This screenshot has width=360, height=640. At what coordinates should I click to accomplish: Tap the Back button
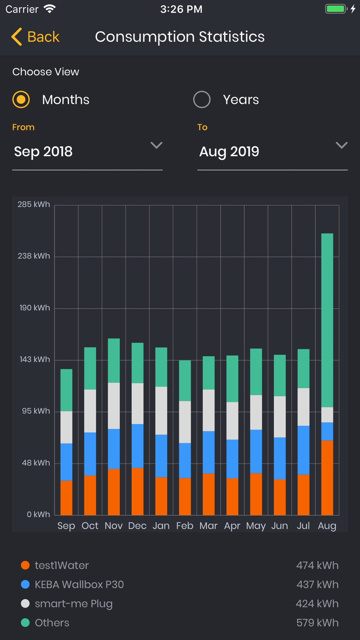point(35,37)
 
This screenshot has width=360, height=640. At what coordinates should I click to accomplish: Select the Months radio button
point(21,99)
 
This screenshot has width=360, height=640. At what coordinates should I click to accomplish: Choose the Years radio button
point(202,99)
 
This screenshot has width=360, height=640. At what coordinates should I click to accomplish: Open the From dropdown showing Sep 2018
point(87,152)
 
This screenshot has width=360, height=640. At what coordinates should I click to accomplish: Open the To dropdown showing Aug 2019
point(272,152)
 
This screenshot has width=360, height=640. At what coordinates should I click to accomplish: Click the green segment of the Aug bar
point(327,320)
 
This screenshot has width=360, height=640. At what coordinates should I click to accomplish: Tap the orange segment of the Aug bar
point(327,477)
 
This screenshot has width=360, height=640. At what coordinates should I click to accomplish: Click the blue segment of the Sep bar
point(66,462)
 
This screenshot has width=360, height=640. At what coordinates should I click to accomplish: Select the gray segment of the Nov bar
point(114,406)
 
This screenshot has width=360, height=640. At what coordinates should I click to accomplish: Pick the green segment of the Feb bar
point(185,380)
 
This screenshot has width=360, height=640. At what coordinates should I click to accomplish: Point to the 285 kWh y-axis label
point(34,204)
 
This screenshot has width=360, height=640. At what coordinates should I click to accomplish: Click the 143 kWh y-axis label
point(35,359)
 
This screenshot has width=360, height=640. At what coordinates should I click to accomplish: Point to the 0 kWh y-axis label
point(38,514)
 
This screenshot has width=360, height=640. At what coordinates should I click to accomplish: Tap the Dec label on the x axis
point(137,526)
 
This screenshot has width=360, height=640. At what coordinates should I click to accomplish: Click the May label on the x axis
point(256,526)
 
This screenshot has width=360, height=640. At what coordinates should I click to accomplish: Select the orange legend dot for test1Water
point(25,565)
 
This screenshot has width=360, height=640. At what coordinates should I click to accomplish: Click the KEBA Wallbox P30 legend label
point(79,584)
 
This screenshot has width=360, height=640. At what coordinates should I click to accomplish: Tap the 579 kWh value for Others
point(317,623)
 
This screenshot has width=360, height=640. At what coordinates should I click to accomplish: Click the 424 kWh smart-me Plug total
point(317,604)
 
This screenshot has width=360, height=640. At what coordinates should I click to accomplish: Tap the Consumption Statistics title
point(180,37)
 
